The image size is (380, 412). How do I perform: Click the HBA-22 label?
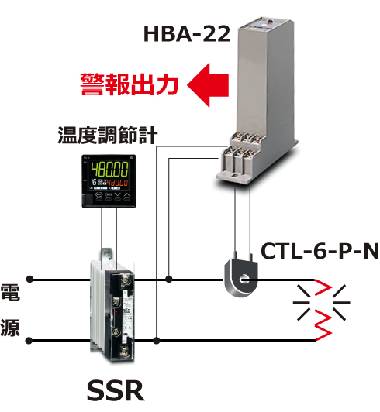[187, 34]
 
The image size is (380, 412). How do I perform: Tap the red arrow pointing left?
[208, 85]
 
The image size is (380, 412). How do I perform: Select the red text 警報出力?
[130, 84]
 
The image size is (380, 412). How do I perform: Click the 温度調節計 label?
[107, 135]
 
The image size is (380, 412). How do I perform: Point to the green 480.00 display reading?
[109, 170]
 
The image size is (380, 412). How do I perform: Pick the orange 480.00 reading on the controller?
[117, 183]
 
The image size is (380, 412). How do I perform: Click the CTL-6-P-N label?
[320, 251]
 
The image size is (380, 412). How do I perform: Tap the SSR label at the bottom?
[116, 391]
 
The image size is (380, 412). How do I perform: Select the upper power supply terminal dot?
[30, 280]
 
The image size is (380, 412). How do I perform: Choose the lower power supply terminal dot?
[29, 341]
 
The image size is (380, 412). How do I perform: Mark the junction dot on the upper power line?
[169, 280]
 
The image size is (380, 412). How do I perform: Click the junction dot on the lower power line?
[157, 341]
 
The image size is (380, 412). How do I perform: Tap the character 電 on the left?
[10, 292]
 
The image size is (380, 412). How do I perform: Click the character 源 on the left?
[10, 328]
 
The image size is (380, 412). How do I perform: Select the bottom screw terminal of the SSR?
[125, 352]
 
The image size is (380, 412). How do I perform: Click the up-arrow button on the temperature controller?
[127, 195]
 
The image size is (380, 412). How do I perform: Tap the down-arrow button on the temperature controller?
[118, 195]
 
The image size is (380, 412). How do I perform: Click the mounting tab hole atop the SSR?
[107, 252]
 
